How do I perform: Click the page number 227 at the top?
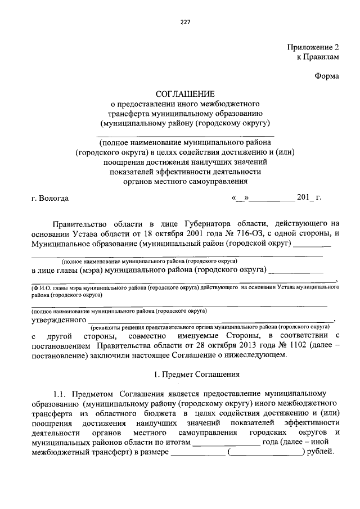click(185, 22)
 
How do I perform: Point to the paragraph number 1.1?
click(61, 394)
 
